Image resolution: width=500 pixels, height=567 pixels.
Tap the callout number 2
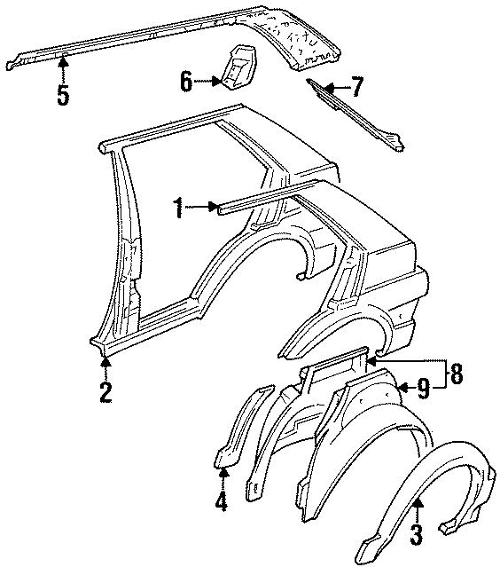click(105, 392)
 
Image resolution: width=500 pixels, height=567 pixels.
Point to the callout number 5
click(63, 94)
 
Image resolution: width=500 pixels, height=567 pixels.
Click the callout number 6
click(185, 82)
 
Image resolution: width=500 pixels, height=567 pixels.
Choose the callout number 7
click(356, 87)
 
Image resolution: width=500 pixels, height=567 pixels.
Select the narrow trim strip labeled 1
click(266, 197)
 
